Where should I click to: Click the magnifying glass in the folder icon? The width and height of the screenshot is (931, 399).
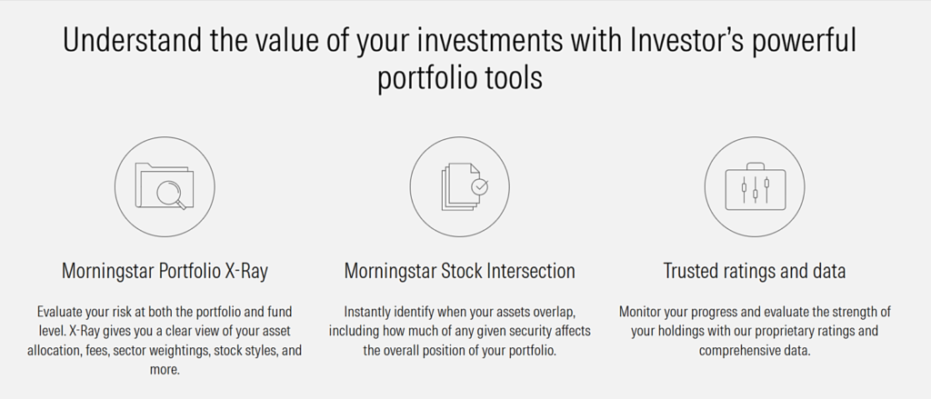tap(172, 194)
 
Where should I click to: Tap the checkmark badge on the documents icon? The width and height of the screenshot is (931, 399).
tap(479, 186)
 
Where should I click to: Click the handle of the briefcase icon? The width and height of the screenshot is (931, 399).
tap(755, 166)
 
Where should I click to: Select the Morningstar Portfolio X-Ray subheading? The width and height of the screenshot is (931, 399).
tap(165, 272)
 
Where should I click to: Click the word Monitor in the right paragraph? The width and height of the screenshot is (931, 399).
tap(639, 312)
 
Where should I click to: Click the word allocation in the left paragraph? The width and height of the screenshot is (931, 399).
tap(52, 351)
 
